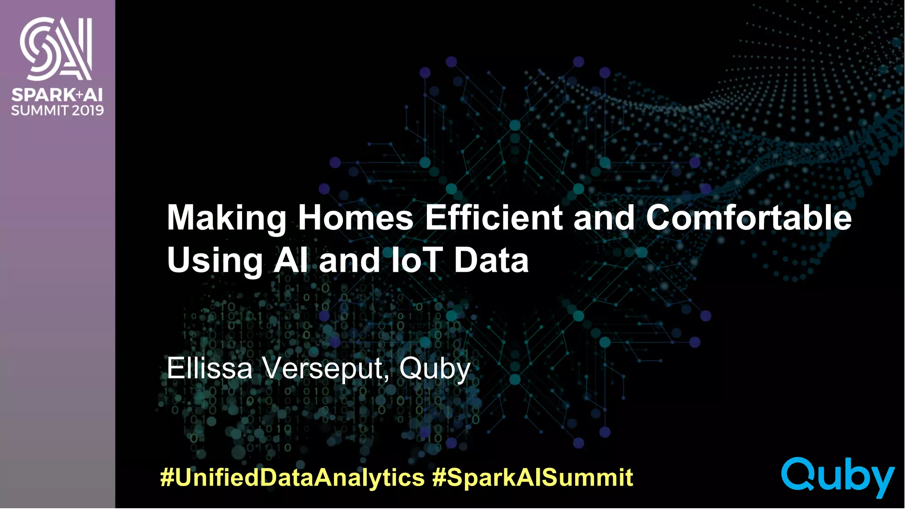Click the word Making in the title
pos(226,218)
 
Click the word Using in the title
pos(215,261)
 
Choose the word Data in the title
pos(491,260)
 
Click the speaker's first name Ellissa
pos(209,368)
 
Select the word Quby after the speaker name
pos(434,369)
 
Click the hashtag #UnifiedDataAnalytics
pos(292,477)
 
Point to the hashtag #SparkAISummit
pos(533,477)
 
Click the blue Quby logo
pos(838,477)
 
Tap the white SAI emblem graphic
pos(56,49)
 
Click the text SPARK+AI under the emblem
pos(57,95)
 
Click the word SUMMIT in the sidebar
pos(40,110)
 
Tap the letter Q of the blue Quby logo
pos(799,474)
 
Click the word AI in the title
pos(290,260)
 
